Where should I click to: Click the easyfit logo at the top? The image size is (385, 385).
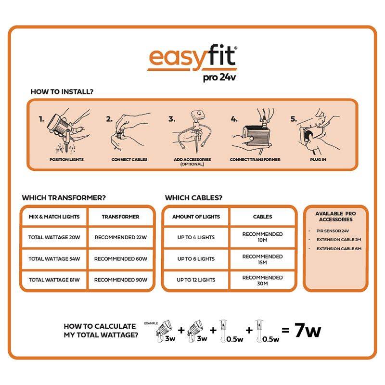click(192, 57)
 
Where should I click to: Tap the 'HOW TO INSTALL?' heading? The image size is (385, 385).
click(62, 91)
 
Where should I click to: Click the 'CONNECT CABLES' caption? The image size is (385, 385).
click(129, 159)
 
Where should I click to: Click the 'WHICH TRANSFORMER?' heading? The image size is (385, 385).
click(64, 198)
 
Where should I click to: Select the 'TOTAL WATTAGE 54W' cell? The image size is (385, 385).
click(54, 258)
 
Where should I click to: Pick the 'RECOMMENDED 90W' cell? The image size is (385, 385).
click(121, 280)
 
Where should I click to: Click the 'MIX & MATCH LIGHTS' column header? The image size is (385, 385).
click(54, 217)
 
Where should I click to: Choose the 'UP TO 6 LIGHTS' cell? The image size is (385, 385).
click(196, 258)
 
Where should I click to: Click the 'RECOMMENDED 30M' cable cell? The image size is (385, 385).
click(262, 280)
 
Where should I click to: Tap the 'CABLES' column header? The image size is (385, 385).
click(262, 217)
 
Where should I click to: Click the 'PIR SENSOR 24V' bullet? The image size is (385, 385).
click(332, 231)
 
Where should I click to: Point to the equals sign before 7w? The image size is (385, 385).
click(285, 331)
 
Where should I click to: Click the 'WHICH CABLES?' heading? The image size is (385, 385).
click(194, 198)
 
